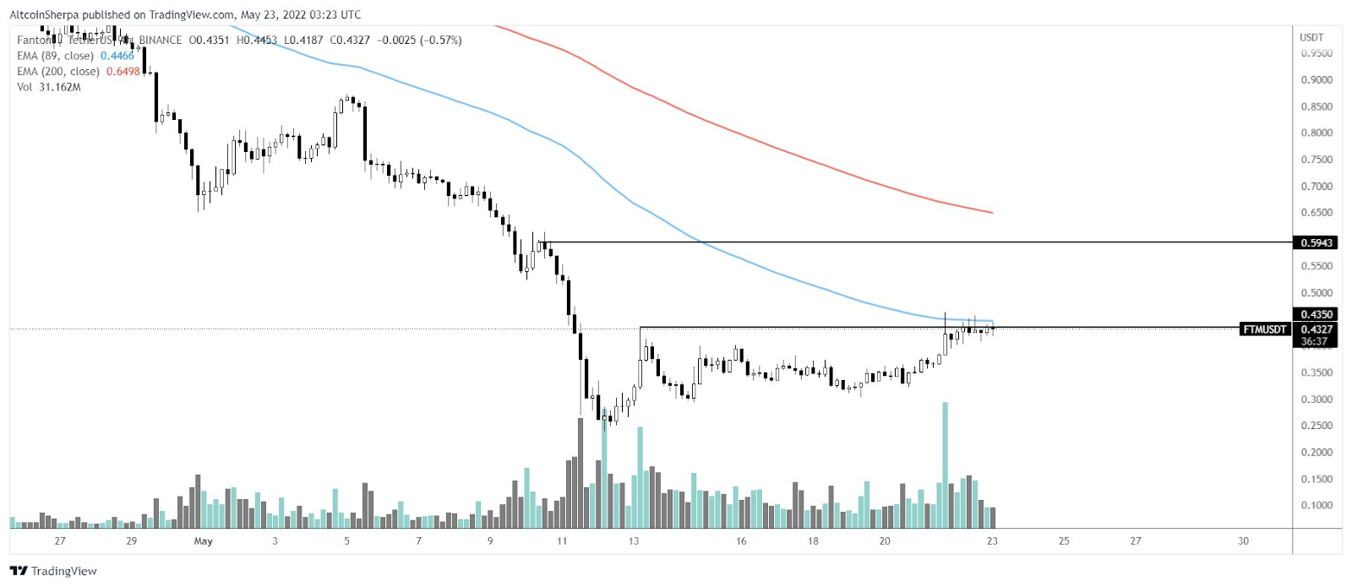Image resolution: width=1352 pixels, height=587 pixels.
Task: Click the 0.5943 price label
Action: tap(1317, 243)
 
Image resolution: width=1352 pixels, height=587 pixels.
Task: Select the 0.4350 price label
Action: tap(1317, 314)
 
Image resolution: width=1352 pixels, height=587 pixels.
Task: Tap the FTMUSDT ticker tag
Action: tap(1264, 329)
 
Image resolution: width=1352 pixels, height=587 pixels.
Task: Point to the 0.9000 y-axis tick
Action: tap(1317, 80)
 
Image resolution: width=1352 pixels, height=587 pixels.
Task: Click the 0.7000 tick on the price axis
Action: tap(1317, 187)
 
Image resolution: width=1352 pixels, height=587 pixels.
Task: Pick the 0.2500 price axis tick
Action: tap(1317, 426)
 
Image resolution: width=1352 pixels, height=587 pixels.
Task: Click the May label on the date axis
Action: tap(203, 541)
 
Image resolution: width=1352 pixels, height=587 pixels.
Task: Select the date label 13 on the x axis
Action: tap(634, 541)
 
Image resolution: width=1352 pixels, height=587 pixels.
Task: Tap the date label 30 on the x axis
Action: tap(1243, 541)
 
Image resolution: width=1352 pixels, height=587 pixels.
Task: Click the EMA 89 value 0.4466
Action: tap(117, 56)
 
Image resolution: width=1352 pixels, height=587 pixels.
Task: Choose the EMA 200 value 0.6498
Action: tap(123, 72)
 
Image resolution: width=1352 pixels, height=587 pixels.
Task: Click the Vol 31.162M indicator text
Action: tap(49, 87)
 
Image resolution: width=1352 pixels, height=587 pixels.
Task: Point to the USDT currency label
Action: tap(1311, 37)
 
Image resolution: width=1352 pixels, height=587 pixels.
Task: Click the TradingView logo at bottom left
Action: tap(53, 571)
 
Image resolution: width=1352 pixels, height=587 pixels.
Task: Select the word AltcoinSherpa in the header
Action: tap(44, 14)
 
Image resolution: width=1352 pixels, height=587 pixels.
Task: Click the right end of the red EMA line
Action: tap(991, 212)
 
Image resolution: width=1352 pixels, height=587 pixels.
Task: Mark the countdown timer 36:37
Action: tap(1314, 342)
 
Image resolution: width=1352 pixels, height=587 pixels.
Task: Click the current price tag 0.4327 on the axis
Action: tap(1317, 329)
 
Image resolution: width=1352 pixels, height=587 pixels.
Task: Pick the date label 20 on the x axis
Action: tap(885, 541)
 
